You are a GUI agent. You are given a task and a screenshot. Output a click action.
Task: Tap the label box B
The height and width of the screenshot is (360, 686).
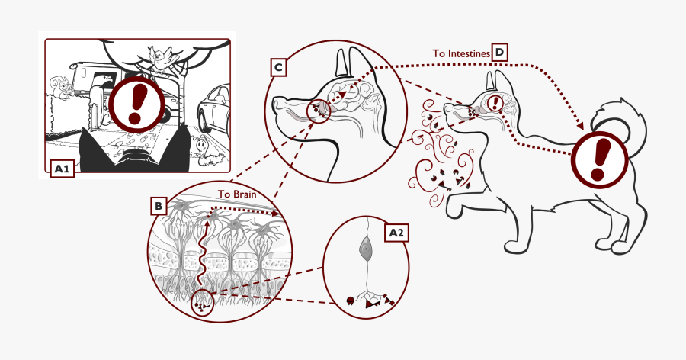click(158, 206)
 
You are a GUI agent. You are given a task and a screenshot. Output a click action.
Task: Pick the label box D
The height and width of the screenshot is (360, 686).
click(499, 52)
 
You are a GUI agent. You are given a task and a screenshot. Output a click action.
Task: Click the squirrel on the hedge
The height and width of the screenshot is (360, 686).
click(63, 89)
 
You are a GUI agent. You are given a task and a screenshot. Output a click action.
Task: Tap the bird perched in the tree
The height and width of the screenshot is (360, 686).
click(159, 56)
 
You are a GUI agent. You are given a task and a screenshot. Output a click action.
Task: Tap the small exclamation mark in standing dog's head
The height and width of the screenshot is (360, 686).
click(496, 102)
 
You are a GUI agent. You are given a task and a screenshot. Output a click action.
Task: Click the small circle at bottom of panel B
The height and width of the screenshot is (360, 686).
click(202, 304)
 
